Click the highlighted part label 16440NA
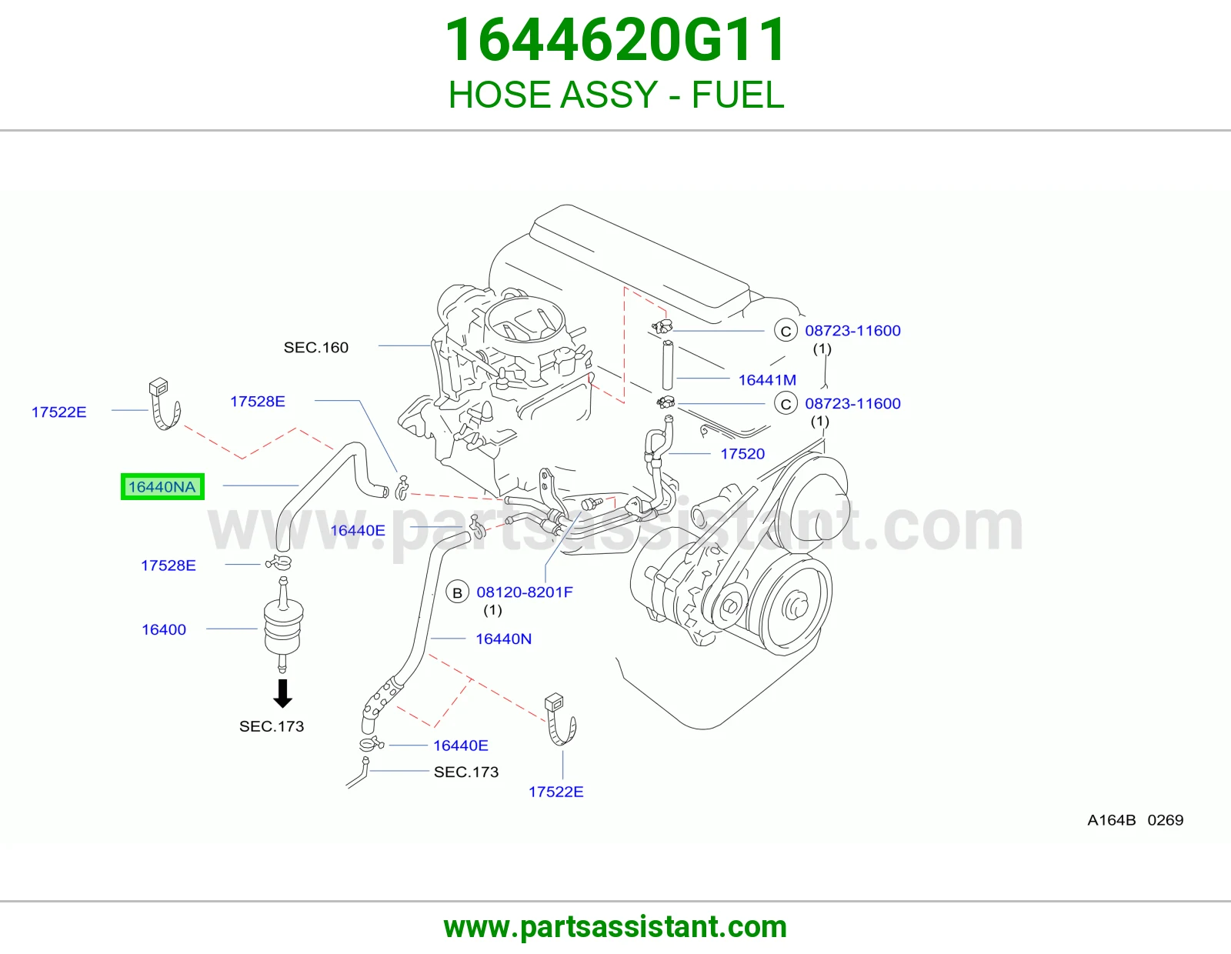point(162,487)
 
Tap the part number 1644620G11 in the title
point(615,40)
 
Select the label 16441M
point(767,379)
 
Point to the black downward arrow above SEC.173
point(282,693)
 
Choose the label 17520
point(742,454)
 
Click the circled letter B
point(457,592)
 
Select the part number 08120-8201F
point(525,592)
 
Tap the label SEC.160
point(316,347)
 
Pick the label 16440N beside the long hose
point(504,639)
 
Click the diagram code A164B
point(1112,820)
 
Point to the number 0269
point(1166,820)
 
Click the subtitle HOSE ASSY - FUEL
point(615,95)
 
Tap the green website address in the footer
point(615,927)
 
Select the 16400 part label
point(164,629)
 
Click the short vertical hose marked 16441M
point(667,365)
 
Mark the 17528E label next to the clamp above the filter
point(168,565)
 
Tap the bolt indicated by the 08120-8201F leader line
point(589,503)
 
